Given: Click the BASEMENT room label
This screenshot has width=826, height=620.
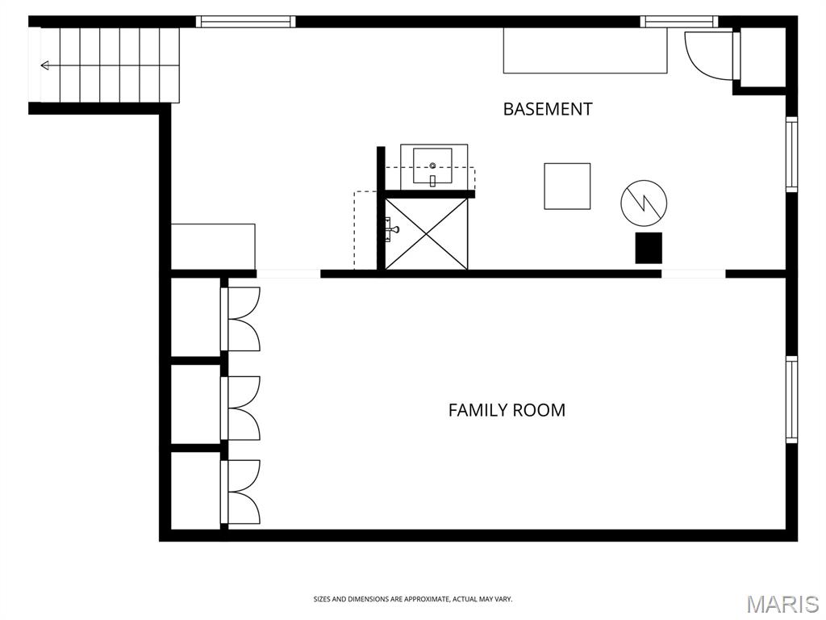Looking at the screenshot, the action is (x=548, y=109).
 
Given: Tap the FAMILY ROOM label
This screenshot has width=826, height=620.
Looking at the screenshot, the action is (x=507, y=410).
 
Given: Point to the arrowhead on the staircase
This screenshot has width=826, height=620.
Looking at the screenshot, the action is (x=45, y=65).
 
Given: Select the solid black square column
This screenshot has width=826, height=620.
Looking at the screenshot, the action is (x=649, y=248).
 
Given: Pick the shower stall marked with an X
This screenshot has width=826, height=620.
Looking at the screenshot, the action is (x=426, y=233).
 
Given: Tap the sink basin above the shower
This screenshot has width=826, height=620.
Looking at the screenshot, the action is (x=432, y=165).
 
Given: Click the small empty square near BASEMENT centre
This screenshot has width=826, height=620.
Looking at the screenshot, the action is (x=567, y=186).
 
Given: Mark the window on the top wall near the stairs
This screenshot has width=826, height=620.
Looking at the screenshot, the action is (x=245, y=22).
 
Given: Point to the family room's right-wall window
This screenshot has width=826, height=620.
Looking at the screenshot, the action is (x=792, y=400).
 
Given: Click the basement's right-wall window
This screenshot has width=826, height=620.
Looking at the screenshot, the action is (x=792, y=154).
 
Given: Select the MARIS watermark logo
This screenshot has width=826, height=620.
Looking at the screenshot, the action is (x=782, y=604).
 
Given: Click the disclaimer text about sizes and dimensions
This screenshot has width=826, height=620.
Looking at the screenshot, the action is (x=413, y=599).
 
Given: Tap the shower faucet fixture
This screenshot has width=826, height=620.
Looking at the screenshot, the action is (x=393, y=228).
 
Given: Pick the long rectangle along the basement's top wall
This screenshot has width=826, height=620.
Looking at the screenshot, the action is (x=586, y=50).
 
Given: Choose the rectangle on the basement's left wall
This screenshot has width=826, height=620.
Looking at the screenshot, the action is (x=213, y=247).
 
